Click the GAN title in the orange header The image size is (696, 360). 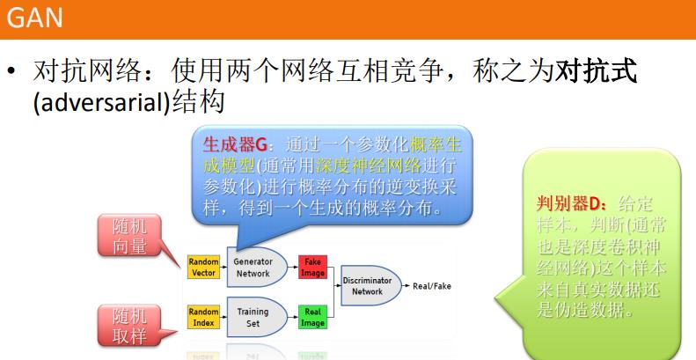[26, 18]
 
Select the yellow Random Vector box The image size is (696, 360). [202, 268]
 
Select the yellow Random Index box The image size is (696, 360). [202, 317]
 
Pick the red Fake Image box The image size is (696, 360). [312, 268]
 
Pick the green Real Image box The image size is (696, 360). [312, 317]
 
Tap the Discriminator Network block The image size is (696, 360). [368, 285]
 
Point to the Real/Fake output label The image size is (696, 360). [431, 286]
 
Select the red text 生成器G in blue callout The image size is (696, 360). [235, 143]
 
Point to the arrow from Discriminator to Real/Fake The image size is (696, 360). [403, 286]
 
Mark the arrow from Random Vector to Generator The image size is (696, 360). [222, 268]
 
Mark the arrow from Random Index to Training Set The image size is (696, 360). [222, 317]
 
